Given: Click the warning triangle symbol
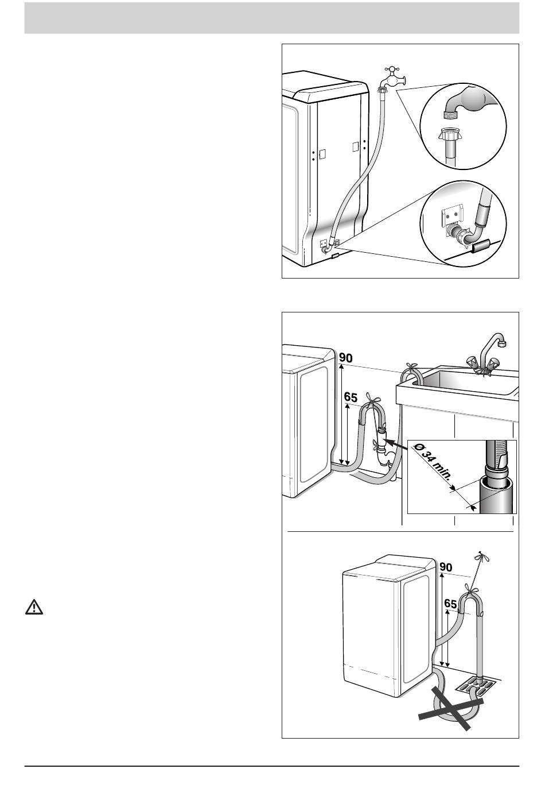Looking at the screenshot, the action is click(34, 607).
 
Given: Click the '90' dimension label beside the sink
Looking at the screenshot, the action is click(346, 358).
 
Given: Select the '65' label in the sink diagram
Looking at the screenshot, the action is click(351, 397).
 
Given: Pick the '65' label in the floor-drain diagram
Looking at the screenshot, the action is click(450, 604).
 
